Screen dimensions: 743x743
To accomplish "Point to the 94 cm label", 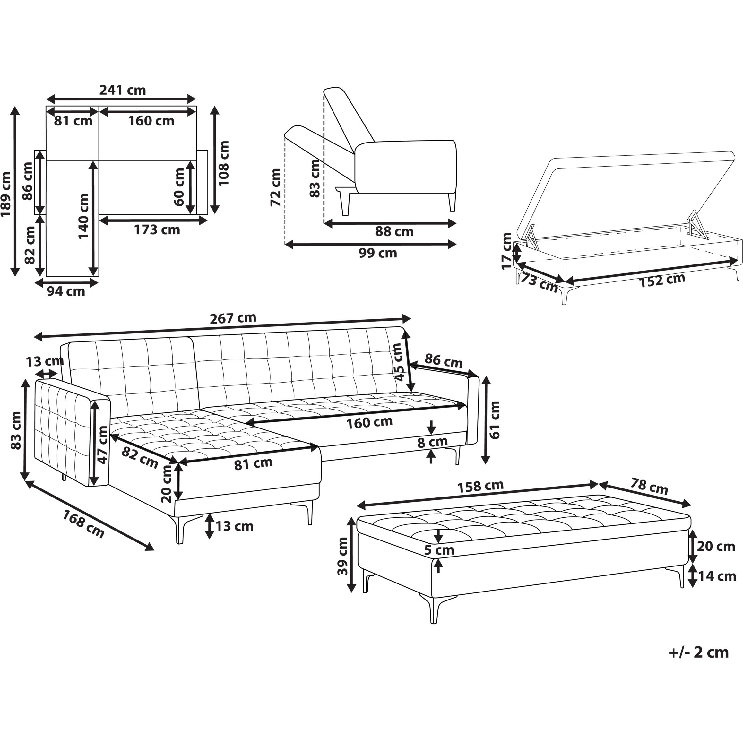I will (x=66, y=291).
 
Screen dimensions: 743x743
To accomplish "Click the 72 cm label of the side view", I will (x=276, y=187).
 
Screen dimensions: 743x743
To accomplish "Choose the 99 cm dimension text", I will (x=378, y=253).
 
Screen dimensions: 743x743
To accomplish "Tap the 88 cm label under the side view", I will (x=394, y=231).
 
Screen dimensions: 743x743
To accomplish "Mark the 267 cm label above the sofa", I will (x=233, y=318).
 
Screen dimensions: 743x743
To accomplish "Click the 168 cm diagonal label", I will (x=83, y=524).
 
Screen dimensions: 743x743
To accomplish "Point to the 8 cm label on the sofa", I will (x=432, y=442).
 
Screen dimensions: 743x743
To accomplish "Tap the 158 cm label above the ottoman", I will (x=480, y=486).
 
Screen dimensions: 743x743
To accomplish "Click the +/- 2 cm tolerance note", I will (x=699, y=652).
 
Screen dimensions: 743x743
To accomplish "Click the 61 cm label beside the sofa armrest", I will (x=495, y=420).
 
